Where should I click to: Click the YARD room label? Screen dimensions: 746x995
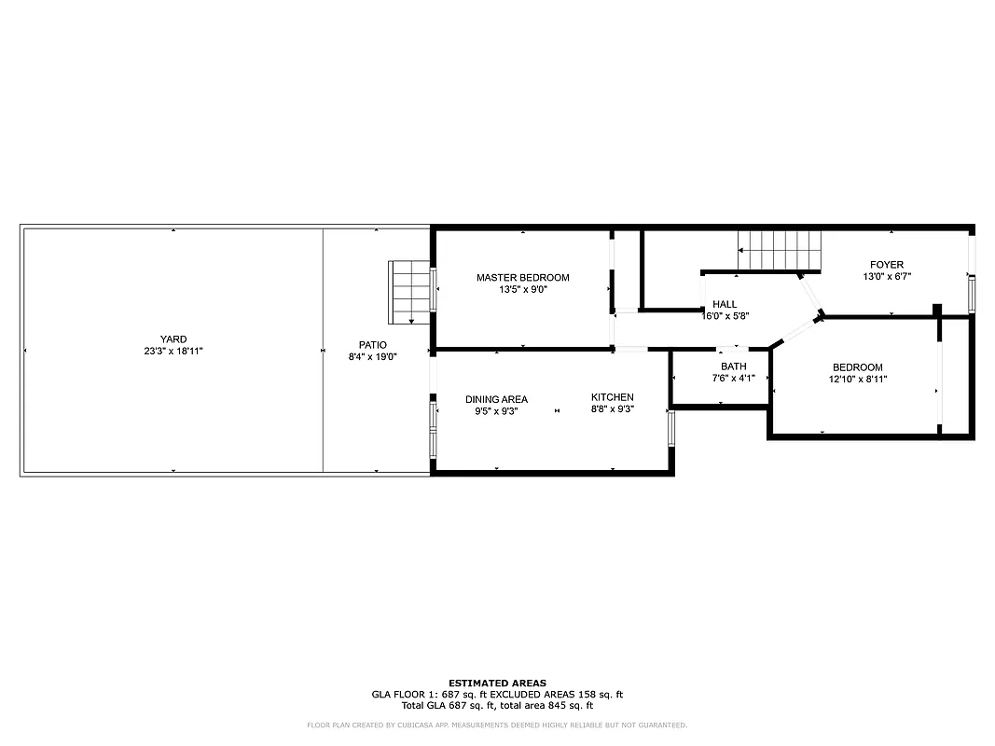(x=173, y=339)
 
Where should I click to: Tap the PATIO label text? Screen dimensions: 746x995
(x=372, y=345)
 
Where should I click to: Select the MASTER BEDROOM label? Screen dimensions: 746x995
(x=522, y=278)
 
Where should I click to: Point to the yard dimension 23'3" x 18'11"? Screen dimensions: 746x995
(x=173, y=352)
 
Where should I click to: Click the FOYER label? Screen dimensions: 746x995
(x=886, y=265)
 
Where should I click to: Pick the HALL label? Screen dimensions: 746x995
(x=725, y=304)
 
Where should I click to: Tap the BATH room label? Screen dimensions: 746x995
(x=733, y=366)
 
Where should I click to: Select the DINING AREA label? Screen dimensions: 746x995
(x=496, y=399)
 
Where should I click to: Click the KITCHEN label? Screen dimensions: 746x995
(x=612, y=397)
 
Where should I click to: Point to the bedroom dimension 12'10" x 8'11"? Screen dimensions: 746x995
(x=857, y=380)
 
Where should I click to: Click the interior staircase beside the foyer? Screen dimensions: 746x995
(x=781, y=250)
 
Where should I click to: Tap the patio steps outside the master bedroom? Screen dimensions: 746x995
(x=408, y=292)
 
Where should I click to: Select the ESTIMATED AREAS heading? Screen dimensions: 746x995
(x=497, y=684)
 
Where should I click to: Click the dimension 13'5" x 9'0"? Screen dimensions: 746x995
(x=522, y=290)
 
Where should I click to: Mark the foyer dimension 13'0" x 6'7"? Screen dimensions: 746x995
(x=886, y=277)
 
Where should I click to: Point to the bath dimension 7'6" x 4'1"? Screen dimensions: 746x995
(x=733, y=379)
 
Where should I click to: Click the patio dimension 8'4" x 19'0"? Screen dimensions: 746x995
(x=372, y=356)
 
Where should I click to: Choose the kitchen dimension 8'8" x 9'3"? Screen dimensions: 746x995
(x=612, y=409)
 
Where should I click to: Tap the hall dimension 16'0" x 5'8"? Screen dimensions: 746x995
(x=725, y=316)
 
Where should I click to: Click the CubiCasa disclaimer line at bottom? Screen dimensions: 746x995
(x=497, y=725)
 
